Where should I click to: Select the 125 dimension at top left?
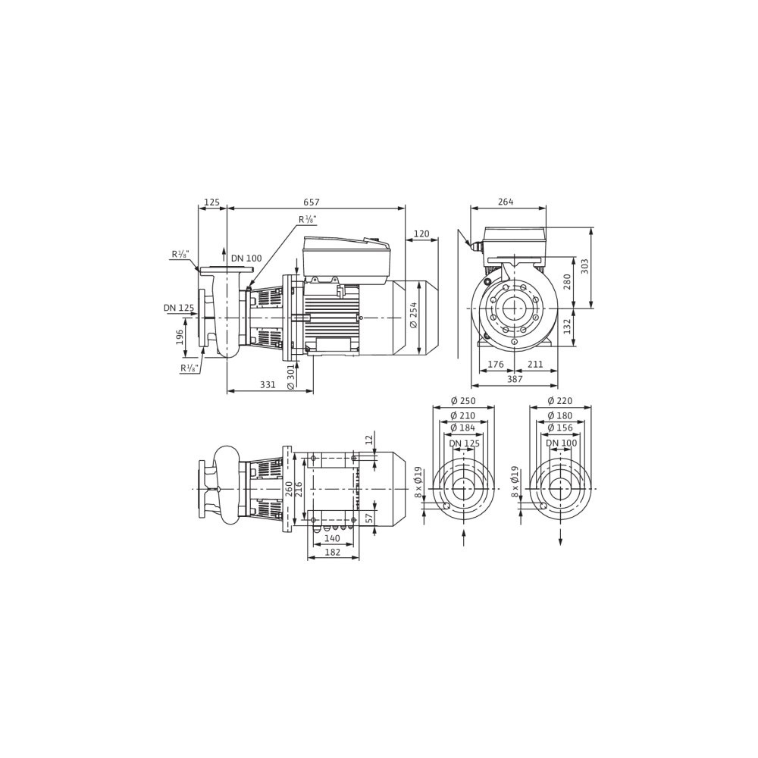point(211,202)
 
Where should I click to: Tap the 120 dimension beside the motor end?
point(421,234)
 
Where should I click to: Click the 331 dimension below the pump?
point(268,385)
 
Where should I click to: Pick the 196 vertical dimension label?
point(180,337)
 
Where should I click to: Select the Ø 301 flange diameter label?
point(290,377)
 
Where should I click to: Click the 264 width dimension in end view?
point(506,202)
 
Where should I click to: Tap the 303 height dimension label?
point(584,266)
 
